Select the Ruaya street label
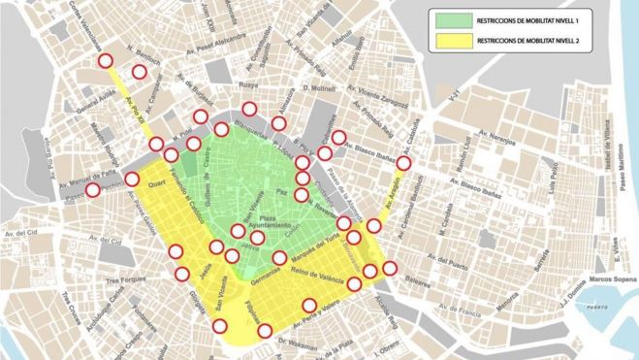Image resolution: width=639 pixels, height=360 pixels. [x=248, y=85]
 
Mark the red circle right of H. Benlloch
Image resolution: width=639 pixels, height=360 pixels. [x=140, y=73]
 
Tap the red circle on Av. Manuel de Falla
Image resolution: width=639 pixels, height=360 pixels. [x=92, y=190]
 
